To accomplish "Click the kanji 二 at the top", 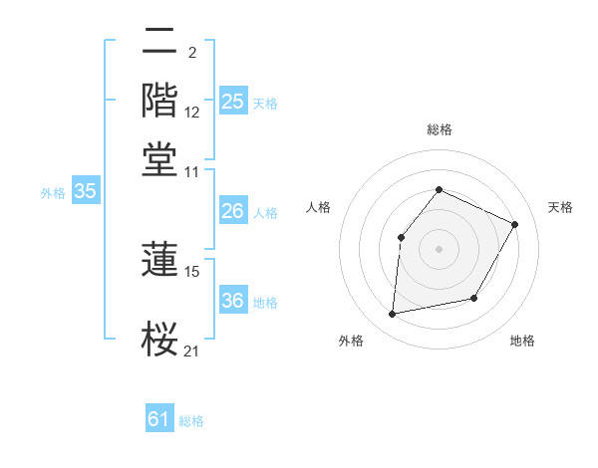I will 160,43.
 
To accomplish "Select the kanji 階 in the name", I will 160,101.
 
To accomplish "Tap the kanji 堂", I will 160,159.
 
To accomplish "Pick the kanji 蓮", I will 160,259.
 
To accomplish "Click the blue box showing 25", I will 232,102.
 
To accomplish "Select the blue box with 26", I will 232,211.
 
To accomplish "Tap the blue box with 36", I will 232,301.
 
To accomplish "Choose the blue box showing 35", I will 85,192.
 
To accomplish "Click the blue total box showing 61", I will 159,419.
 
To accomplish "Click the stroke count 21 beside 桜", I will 192,350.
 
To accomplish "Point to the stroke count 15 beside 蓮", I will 193,271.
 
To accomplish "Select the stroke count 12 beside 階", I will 193,113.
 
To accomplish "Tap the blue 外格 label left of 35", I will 53,193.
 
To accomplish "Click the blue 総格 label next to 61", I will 191,421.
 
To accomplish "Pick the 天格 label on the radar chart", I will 560,207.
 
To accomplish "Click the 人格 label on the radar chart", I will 319,207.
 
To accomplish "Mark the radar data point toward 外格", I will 393,315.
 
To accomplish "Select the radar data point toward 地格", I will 474,298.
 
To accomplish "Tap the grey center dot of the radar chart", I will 439,248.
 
